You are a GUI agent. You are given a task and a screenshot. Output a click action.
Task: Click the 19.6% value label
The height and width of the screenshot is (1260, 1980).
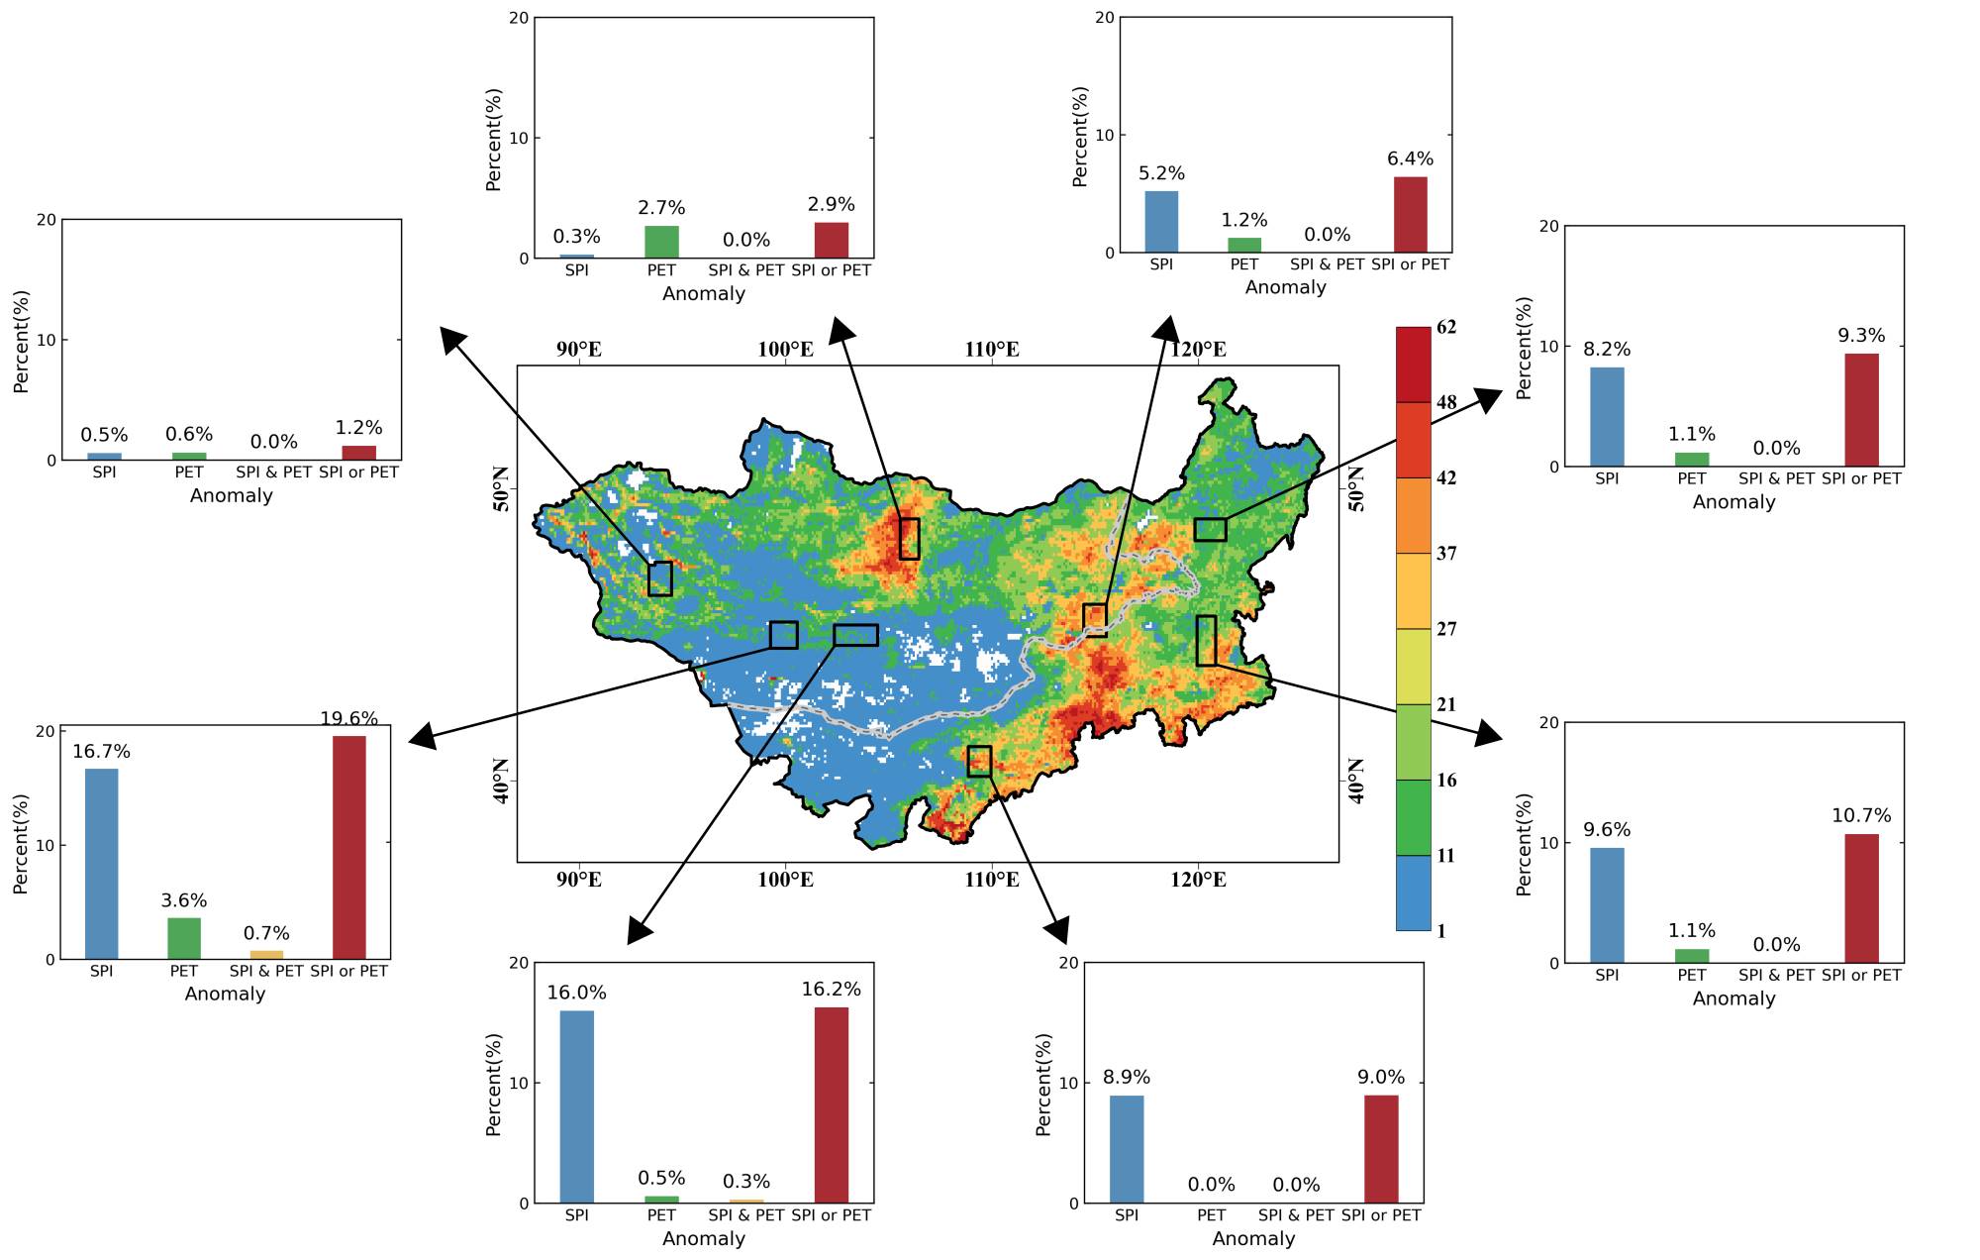(x=348, y=719)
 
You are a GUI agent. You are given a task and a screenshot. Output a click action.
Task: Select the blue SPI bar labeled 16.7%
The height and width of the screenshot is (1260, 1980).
(x=102, y=863)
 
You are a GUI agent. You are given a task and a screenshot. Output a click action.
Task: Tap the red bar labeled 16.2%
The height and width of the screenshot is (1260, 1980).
(x=832, y=1104)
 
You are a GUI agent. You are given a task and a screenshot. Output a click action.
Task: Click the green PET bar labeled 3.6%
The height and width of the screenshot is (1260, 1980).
(x=184, y=938)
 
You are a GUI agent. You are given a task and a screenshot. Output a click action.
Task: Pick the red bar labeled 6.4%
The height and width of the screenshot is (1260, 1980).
(x=1411, y=214)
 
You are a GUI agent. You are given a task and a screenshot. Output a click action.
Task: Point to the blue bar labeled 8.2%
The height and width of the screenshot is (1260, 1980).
(x=1607, y=416)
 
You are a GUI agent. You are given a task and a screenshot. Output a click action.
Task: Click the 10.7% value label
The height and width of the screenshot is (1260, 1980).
(x=1861, y=816)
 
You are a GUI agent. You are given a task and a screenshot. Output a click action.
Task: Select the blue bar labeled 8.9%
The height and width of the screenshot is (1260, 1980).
(x=1127, y=1148)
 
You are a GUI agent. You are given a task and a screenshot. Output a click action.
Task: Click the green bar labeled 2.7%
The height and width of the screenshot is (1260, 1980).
(x=661, y=242)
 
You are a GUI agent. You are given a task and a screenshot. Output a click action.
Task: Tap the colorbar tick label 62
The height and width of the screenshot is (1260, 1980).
(x=1446, y=328)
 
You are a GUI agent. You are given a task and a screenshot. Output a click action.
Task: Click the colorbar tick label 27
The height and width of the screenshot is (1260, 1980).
(x=1446, y=629)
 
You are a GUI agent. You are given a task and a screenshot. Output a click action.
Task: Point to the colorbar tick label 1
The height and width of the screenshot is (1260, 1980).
(x=1441, y=931)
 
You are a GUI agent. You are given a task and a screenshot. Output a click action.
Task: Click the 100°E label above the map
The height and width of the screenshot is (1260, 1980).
(x=785, y=350)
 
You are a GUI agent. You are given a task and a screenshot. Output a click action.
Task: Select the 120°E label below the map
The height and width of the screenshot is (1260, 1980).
(x=1198, y=880)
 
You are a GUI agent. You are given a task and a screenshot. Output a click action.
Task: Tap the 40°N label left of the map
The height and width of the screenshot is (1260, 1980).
(x=500, y=781)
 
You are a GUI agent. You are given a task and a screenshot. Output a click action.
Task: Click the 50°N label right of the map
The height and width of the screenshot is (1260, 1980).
(x=1356, y=488)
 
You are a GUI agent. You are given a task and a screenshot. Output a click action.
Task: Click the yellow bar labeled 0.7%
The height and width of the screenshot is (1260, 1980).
(x=266, y=955)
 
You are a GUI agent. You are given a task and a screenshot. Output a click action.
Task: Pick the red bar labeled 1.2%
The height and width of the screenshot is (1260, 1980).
(x=358, y=453)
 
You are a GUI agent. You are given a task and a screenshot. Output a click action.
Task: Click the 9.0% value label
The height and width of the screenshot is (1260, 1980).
(x=1381, y=1078)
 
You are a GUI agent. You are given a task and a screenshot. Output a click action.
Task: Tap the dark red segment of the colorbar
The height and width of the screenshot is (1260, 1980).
(x=1413, y=365)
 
